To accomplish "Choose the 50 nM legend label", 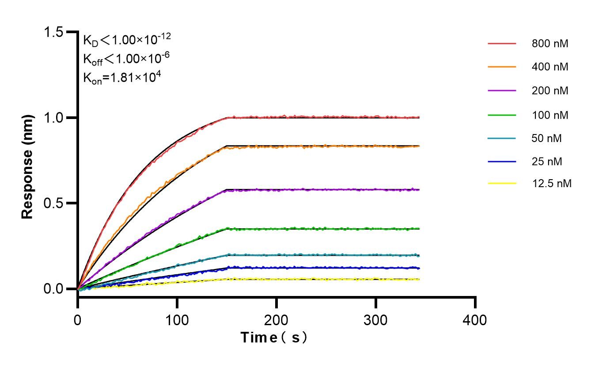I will pos(547,138).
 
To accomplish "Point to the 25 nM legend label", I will pos(547,162).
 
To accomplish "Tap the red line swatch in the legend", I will pos(502,44).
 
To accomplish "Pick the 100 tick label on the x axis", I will pos(177,320).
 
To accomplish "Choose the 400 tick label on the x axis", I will pos(475,320).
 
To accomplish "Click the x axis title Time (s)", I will pos(274,338).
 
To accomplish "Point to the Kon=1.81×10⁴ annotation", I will pos(122,78).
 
